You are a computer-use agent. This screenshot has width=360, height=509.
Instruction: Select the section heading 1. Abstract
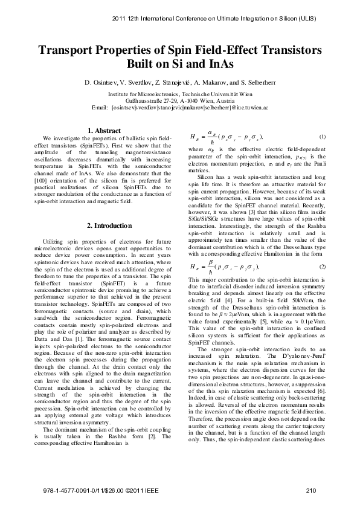[104, 130]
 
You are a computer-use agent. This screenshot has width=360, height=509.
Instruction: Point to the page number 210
[311, 490]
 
